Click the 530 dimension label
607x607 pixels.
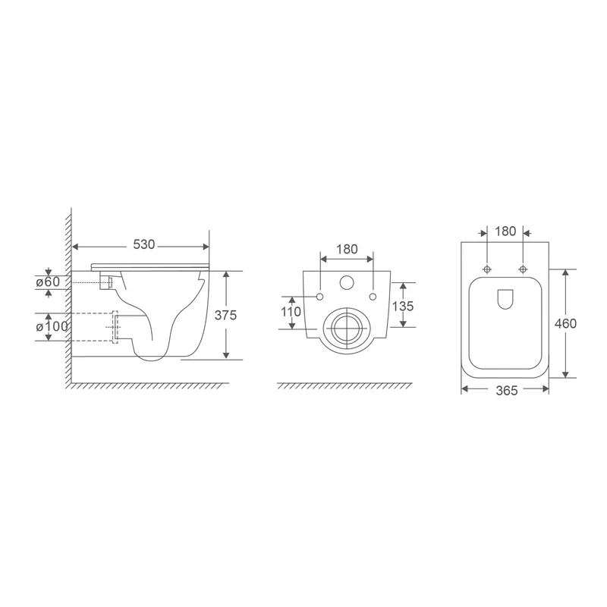[143, 245]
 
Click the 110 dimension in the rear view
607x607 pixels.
[291, 312]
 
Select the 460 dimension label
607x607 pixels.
[565, 323]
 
